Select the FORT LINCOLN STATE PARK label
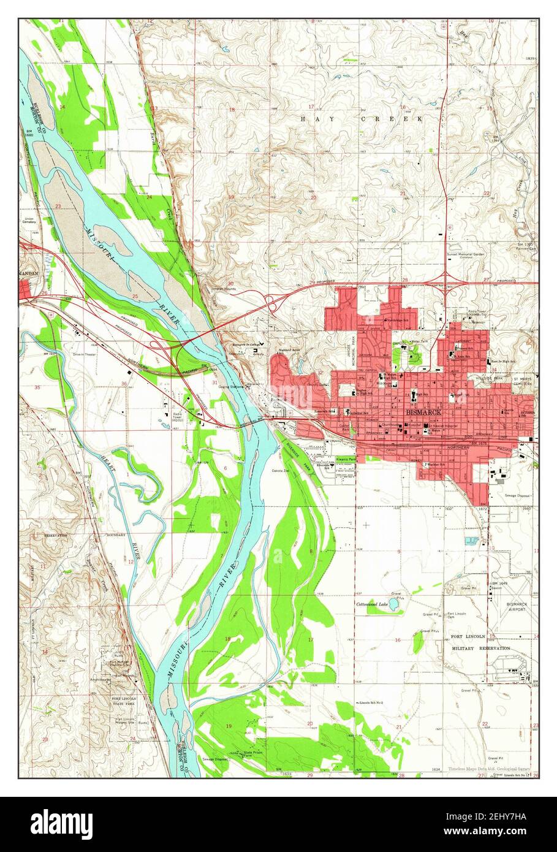pyautogui.click(x=123, y=702)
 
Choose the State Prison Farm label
pyautogui.click(x=248, y=753)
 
